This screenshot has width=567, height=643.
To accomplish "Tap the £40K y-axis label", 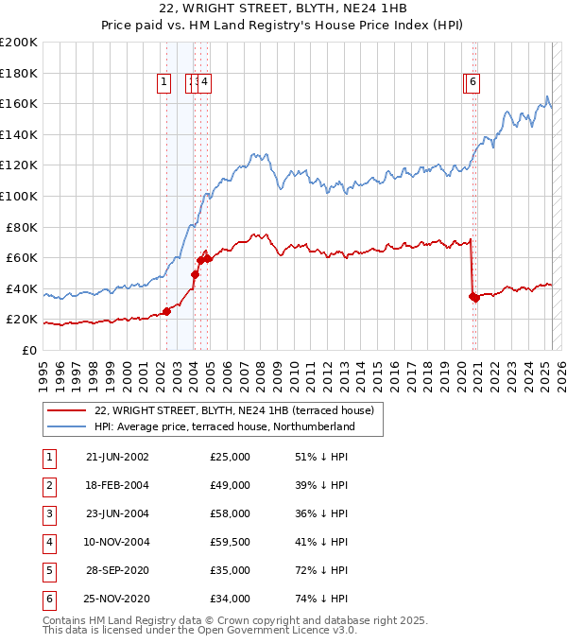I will point(22,288).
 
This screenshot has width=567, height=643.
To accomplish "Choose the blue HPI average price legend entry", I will point(224,426).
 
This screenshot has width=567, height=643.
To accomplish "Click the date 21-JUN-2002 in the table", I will point(117,457).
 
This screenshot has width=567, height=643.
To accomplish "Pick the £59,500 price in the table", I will point(231,542).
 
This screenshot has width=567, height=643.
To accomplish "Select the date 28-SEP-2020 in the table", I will point(117,570).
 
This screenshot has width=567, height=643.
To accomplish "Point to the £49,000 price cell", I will point(231,485).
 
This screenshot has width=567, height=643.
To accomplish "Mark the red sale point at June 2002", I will point(166,311).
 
